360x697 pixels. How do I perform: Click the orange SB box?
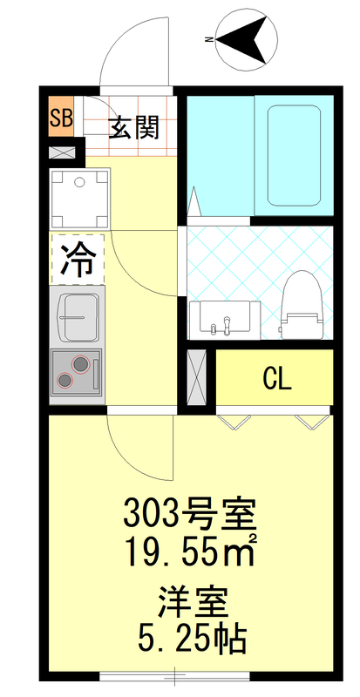pos(61,119)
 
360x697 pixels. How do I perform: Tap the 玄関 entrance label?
pos(133,128)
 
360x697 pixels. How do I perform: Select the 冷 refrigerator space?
pos(78,259)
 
